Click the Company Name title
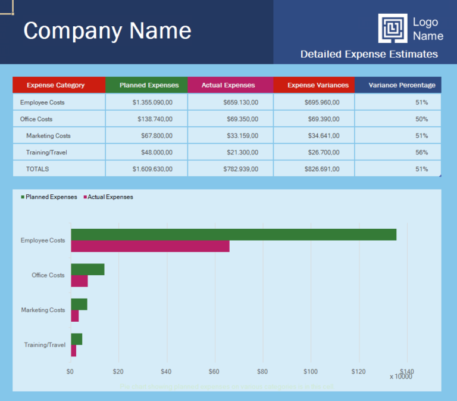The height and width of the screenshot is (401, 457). (x=107, y=30)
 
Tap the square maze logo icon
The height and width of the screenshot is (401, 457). (x=393, y=29)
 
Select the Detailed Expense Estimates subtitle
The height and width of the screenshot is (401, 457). (x=369, y=54)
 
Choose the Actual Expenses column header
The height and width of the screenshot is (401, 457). (x=228, y=85)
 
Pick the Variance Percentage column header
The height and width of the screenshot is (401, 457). (x=402, y=85)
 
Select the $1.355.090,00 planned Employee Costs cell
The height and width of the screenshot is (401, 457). (x=152, y=102)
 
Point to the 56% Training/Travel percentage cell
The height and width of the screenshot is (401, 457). (x=421, y=153)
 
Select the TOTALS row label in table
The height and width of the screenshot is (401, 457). (x=37, y=169)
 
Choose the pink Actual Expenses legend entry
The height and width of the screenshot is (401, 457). (x=108, y=197)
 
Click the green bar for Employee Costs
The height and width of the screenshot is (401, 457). (x=233, y=235)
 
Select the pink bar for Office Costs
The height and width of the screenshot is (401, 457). (x=79, y=281)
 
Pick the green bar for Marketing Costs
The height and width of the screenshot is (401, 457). (x=79, y=304)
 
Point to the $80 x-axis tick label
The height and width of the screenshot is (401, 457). (x=262, y=372)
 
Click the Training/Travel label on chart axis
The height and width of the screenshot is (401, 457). (x=45, y=345)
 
